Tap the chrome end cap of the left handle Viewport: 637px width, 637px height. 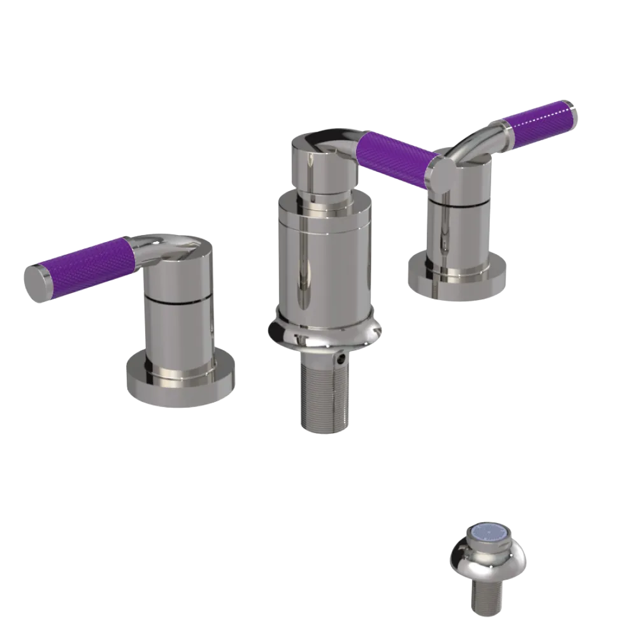click(x=37, y=281)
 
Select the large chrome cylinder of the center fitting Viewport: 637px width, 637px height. click(x=323, y=261)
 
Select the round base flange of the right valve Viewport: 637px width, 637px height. click(x=459, y=273)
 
